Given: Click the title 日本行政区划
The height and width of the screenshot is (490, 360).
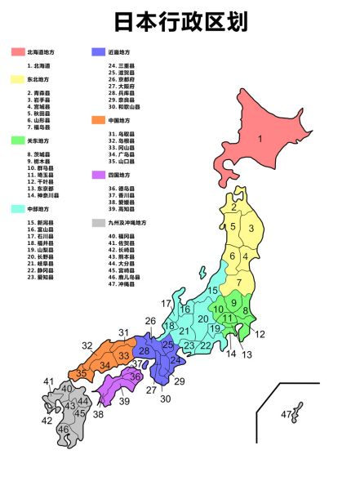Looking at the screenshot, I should [x=180, y=21].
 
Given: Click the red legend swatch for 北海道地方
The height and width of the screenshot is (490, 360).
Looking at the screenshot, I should [x=18, y=52].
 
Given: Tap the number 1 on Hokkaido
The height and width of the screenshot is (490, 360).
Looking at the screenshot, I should [x=260, y=139].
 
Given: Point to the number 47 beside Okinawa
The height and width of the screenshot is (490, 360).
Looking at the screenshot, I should [x=286, y=415].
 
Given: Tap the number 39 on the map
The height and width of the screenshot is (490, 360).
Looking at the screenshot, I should [x=124, y=401].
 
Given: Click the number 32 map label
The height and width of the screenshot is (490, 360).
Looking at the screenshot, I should [x=87, y=345].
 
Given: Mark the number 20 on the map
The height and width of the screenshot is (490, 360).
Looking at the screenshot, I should [x=203, y=318].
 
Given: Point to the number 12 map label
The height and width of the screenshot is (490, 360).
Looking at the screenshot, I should [x=260, y=334].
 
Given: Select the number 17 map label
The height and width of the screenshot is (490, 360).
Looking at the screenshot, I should [x=166, y=304].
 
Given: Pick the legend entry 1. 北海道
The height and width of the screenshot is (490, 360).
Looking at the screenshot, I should [x=39, y=65].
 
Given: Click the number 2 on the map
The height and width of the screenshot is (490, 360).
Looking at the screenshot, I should [x=233, y=207].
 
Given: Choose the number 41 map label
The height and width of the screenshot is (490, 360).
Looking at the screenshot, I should [x=49, y=381].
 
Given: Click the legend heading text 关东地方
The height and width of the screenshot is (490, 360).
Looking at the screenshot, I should [x=38, y=140].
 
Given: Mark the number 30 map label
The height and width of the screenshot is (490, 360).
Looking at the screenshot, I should [x=166, y=399].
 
